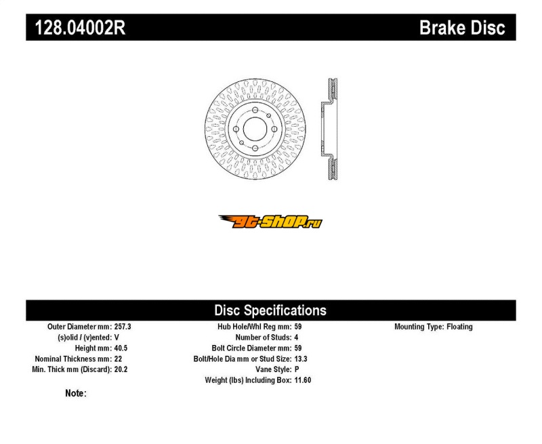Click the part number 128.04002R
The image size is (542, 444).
pyautogui.click(x=80, y=28)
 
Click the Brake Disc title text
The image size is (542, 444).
pyautogui.click(x=462, y=28)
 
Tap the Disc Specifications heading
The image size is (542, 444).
pyautogui.click(x=270, y=310)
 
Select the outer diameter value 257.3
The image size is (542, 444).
pyautogui.click(x=123, y=327)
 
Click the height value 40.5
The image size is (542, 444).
pyautogui.click(x=121, y=348)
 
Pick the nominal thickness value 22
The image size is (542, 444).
pyautogui.click(x=118, y=359)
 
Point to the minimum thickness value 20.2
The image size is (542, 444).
pyautogui.click(x=121, y=369)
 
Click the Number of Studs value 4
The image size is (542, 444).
pyautogui.click(x=296, y=338)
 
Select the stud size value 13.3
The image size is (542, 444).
pyautogui.click(x=301, y=359)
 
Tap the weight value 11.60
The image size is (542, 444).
pyautogui.click(x=303, y=380)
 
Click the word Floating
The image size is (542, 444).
pyautogui.click(x=459, y=327)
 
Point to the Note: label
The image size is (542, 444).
pyautogui.click(x=76, y=394)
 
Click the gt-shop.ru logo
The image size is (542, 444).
pyautogui.click(x=270, y=222)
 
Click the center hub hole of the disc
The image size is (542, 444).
pyautogui.click(x=255, y=129)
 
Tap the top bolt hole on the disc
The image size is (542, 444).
pyautogui.click(x=255, y=110)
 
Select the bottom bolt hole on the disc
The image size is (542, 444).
pyautogui.click(x=255, y=148)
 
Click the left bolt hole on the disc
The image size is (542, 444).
pyautogui.click(x=236, y=129)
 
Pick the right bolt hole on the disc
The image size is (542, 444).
pyautogui.click(x=274, y=129)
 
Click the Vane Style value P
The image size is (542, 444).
pyautogui.click(x=297, y=369)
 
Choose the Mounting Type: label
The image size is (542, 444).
pyautogui.click(x=419, y=327)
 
